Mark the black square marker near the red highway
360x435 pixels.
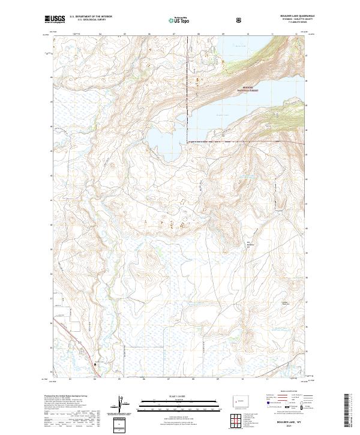coord(95,364)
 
